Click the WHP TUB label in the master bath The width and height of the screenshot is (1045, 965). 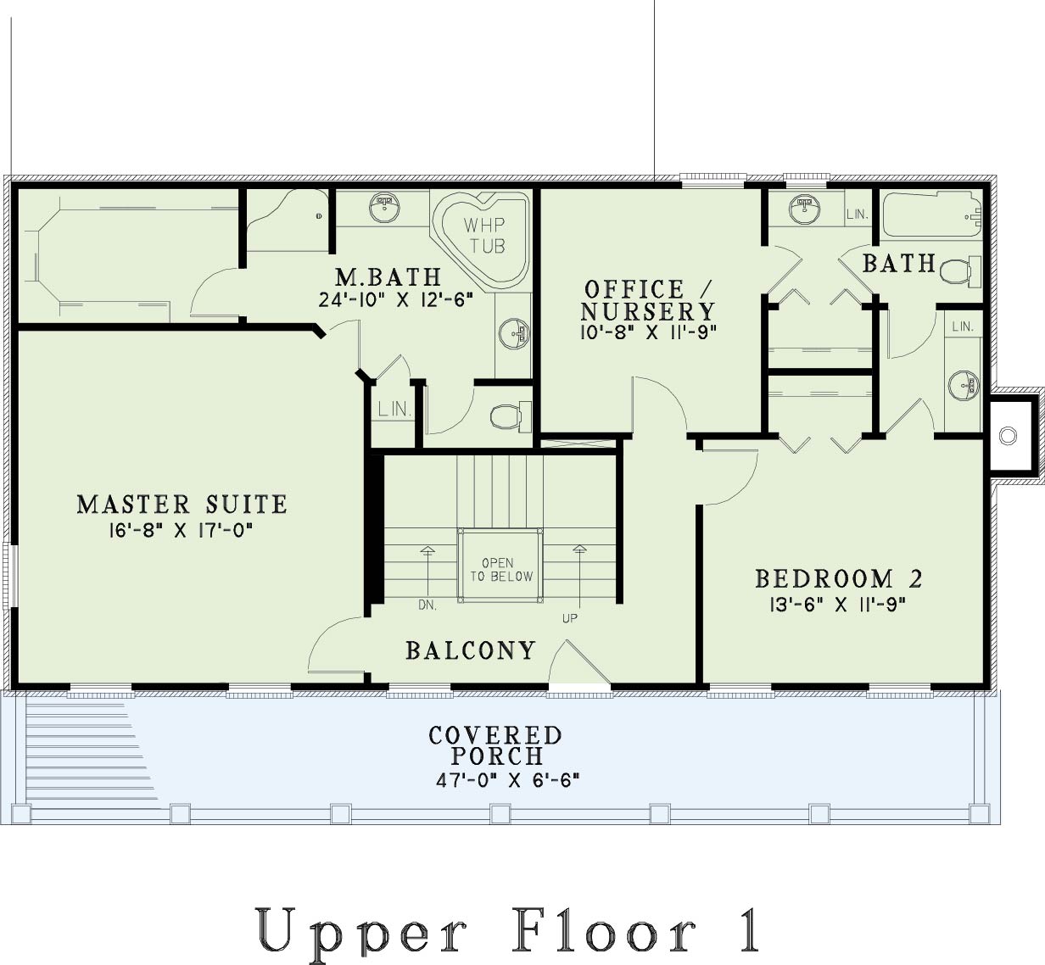click(x=484, y=235)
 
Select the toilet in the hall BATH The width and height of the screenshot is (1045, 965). click(x=960, y=272)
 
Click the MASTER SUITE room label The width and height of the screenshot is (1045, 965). click(x=182, y=504)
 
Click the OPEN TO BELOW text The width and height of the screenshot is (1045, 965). click(x=501, y=570)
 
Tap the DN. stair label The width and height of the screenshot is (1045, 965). click(x=427, y=605)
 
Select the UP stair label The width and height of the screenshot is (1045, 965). click(x=570, y=619)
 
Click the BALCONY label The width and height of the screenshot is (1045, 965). click(x=471, y=650)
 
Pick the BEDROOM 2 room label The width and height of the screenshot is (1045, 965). click(x=839, y=579)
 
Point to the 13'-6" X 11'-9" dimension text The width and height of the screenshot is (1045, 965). click(x=837, y=605)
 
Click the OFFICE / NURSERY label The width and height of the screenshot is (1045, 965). click(x=648, y=300)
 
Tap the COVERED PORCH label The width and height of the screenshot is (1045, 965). click(x=495, y=745)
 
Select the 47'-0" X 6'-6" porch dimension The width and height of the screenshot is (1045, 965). click(x=507, y=780)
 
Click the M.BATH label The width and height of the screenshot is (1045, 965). click(x=388, y=276)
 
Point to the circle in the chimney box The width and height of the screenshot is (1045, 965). click(x=1008, y=436)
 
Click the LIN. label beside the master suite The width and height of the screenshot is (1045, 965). click(x=394, y=410)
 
